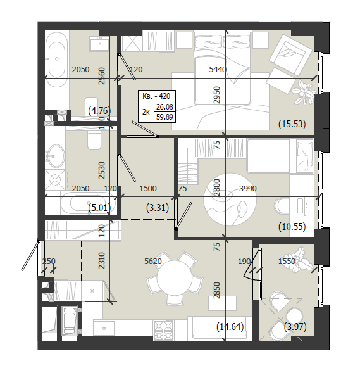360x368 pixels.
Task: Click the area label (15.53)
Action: tap(292, 124)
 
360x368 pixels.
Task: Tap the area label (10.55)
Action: tap(292, 227)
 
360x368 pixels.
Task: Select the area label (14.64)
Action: tap(230, 326)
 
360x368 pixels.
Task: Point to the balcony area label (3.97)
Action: tap(295, 326)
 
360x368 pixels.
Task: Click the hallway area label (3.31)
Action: tap(158, 208)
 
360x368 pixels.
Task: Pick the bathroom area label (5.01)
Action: tap(99, 208)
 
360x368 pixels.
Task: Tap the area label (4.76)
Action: tap(99, 110)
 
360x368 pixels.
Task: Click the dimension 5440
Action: tap(218, 70)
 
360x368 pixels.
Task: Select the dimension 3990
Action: tap(248, 189)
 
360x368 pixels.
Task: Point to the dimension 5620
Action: tap(153, 261)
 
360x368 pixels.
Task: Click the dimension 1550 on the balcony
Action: tap(287, 261)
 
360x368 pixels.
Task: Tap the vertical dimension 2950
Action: tap(217, 95)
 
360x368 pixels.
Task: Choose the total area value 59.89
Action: tap(164, 117)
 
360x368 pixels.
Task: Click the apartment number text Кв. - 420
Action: tap(156, 96)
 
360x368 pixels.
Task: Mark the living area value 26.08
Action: tap(164, 107)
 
